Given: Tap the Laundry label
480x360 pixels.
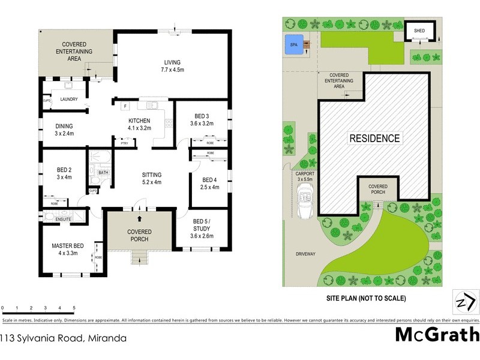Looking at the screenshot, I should pyautogui.click(x=68, y=99).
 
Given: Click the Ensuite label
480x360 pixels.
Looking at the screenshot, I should pyautogui.click(x=63, y=219).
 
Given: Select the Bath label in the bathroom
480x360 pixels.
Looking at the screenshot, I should pyautogui.click(x=103, y=172).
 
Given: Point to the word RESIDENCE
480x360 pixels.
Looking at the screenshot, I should pyautogui.click(x=374, y=138).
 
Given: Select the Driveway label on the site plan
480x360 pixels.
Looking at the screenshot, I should pyautogui.click(x=305, y=254).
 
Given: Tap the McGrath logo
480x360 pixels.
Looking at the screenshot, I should pyautogui.click(x=437, y=334).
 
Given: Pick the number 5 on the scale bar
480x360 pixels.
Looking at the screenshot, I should pyautogui.click(x=74, y=307).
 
